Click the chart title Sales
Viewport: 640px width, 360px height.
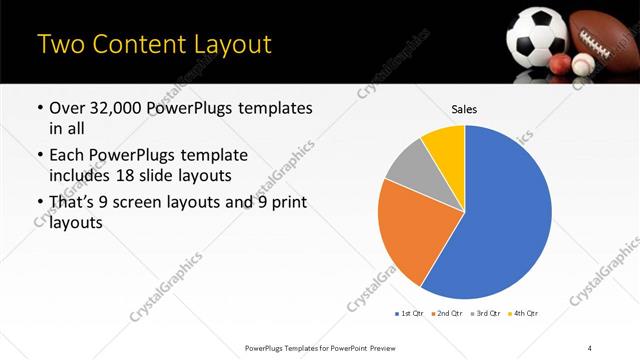point(464,108)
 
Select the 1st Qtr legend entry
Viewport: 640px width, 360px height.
point(410,313)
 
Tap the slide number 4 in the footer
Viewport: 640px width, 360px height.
point(590,347)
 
